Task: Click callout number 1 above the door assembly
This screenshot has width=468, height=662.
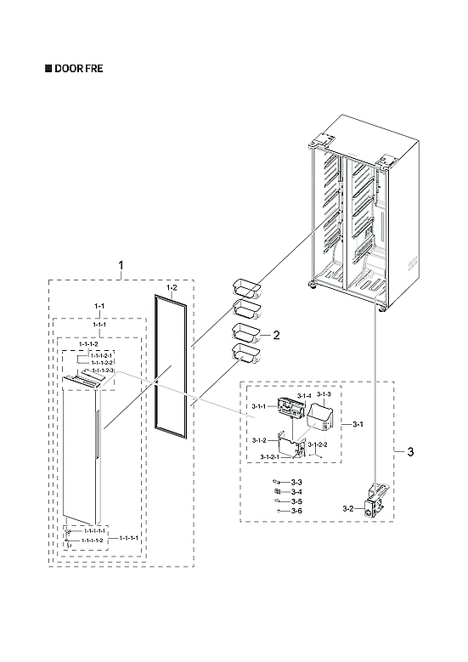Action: pyautogui.click(x=120, y=266)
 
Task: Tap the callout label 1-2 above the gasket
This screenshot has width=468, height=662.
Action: pyautogui.click(x=171, y=289)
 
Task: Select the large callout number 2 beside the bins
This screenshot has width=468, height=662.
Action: pyautogui.click(x=276, y=336)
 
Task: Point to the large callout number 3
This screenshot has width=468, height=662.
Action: pyautogui.click(x=410, y=451)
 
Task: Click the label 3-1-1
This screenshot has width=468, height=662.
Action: pyautogui.click(x=260, y=407)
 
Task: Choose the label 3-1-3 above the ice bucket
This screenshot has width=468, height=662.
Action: pyautogui.click(x=324, y=395)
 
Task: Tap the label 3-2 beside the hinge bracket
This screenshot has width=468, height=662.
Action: pyautogui.click(x=348, y=508)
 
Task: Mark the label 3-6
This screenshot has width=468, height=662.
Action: pyautogui.click(x=296, y=510)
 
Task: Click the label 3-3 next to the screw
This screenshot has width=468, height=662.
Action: pyautogui.click(x=296, y=483)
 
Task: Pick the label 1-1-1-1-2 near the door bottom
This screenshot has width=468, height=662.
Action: pyautogui.click(x=87, y=540)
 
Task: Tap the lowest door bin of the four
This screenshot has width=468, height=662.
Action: pyautogui.click(x=244, y=352)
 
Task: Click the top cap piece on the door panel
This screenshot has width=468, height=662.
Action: pyautogui.click(x=86, y=383)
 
